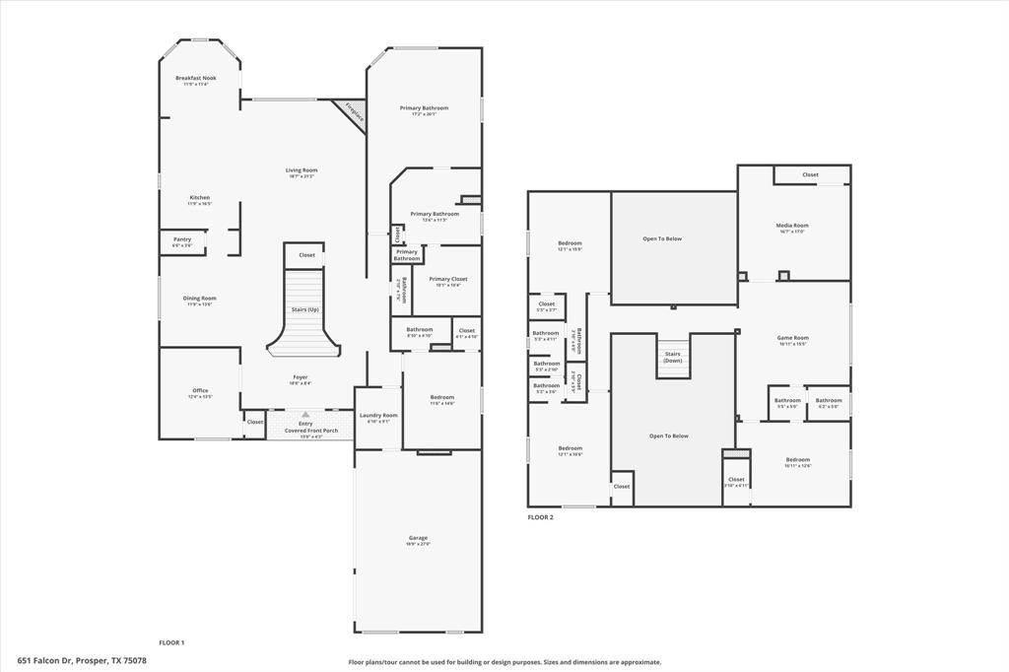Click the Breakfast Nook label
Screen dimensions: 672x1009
(195, 78)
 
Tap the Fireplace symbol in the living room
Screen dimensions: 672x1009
(353, 112)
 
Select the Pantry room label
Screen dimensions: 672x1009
(182, 239)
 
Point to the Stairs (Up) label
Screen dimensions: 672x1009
(304, 309)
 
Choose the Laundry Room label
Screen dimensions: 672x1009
(378, 416)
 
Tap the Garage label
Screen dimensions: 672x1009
(418, 538)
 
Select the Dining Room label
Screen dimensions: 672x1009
(200, 299)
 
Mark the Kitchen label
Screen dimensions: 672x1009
(200, 198)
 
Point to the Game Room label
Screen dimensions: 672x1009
(793, 338)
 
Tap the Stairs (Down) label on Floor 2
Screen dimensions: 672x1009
(673, 357)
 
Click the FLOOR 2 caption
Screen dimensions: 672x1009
(540, 517)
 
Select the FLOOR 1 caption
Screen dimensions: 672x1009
(171, 642)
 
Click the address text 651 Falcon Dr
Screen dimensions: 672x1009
(82, 660)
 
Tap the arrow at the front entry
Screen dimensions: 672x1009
(305, 415)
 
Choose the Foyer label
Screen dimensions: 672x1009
(300, 377)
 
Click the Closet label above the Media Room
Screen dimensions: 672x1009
(810, 174)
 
